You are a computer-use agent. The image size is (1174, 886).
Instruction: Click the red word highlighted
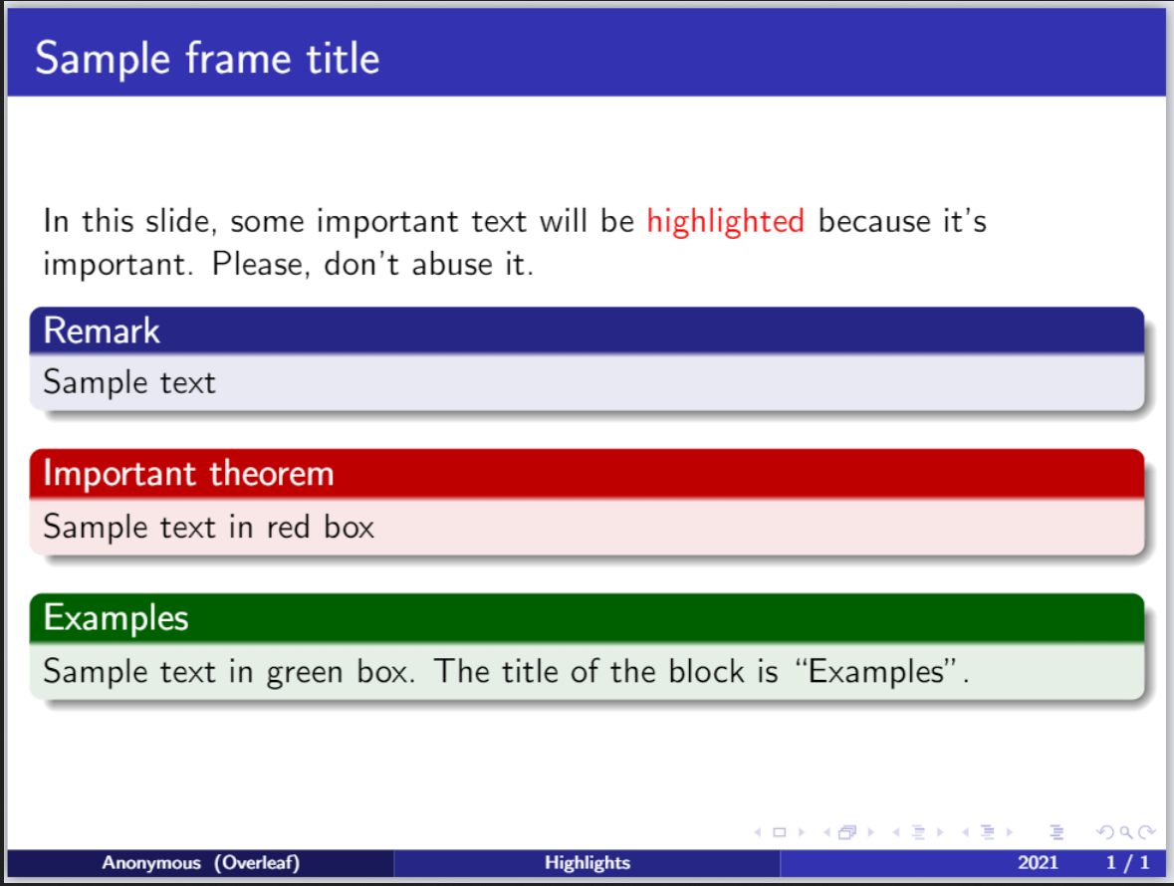pyautogui.click(x=726, y=222)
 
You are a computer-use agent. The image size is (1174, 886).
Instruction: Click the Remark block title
pyautogui.click(x=102, y=331)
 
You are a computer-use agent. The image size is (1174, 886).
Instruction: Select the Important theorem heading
pyautogui.click(x=188, y=474)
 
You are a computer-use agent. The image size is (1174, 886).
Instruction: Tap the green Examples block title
pyautogui.click(x=117, y=618)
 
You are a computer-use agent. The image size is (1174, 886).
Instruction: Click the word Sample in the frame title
pyautogui.click(x=103, y=59)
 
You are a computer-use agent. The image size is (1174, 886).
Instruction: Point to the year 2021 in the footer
pyautogui.click(x=1038, y=863)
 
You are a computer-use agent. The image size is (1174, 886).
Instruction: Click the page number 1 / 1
pyautogui.click(x=1127, y=863)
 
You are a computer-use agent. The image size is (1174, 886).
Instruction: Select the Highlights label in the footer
pyautogui.click(x=587, y=863)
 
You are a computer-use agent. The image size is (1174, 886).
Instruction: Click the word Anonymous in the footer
pyautogui.click(x=151, y=863)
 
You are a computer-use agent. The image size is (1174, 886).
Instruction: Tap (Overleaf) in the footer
pyautogui.click(x=257, y=863)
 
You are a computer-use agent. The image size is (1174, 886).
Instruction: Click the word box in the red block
pyautogui.click(x=349, y=527)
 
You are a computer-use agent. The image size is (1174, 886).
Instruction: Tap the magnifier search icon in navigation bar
pyautogui.click(x=1126, y=832)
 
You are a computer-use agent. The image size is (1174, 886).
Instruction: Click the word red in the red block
pyautogui.click(x=288, y=527)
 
